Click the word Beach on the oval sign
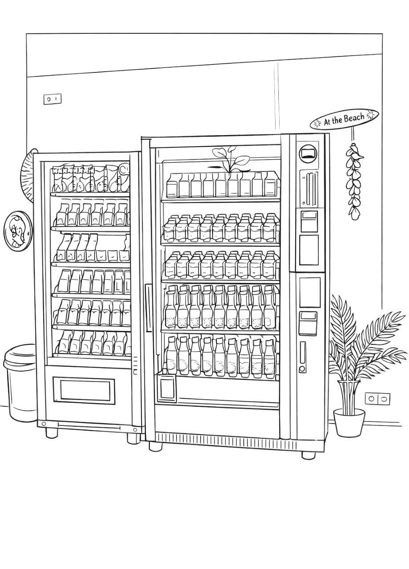point(354,118)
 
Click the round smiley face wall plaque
point(18,231)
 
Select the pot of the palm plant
point(349,422)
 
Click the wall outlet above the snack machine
point(52,99)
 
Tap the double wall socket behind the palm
point(377,399)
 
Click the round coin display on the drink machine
point(308,153)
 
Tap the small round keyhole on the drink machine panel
point(302,369)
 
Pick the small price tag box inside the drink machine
point(166,389)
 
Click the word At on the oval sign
point(327,122)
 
